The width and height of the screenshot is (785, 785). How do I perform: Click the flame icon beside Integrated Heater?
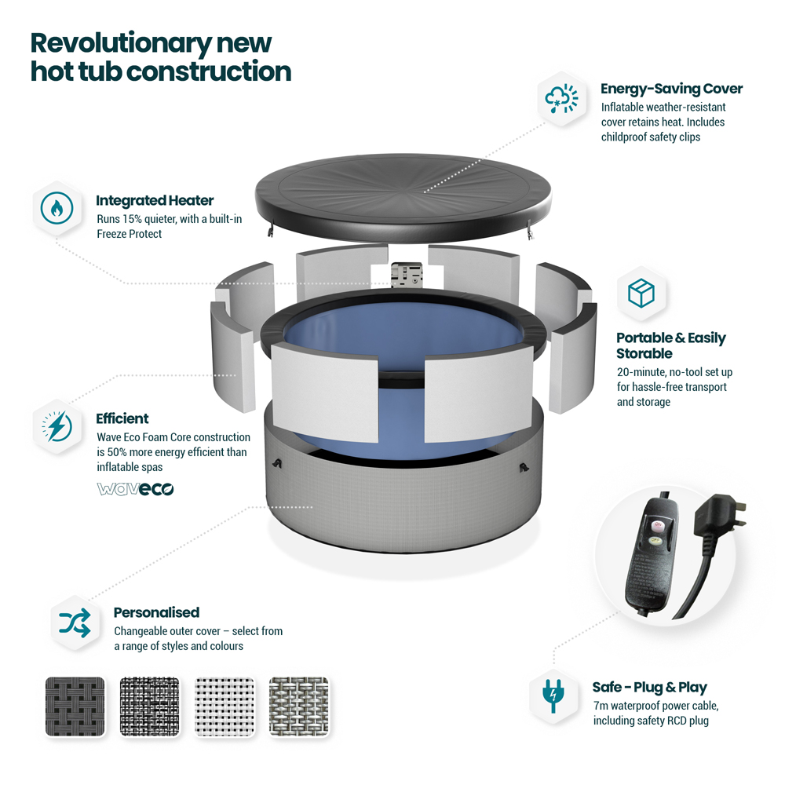pos(57,208)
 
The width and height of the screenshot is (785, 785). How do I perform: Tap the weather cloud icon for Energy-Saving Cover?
pos(561,99)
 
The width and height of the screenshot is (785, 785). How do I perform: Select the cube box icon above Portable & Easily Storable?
pos(641,293)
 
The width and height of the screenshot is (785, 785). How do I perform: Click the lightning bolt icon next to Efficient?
pos(57,426)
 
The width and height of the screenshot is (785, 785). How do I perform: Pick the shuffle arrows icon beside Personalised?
pos(75,623)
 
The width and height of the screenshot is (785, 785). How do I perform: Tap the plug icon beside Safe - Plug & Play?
pos(553,696)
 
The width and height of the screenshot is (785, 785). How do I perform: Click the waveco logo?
pos(135,488)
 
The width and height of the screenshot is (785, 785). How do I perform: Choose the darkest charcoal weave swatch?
pos(75,706)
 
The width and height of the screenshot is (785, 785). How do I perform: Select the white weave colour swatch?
pos(225,706)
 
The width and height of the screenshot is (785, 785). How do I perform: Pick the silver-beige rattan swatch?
pos(299,706)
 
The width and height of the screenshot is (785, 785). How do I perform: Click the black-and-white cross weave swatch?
pos(150,706)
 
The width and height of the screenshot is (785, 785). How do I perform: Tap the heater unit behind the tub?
pos(407,274)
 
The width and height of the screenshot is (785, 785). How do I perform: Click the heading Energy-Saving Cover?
pos(671,89)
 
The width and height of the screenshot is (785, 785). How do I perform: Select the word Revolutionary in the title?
pos(121,43)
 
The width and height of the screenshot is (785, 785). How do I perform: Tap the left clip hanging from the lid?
pos(271,229)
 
